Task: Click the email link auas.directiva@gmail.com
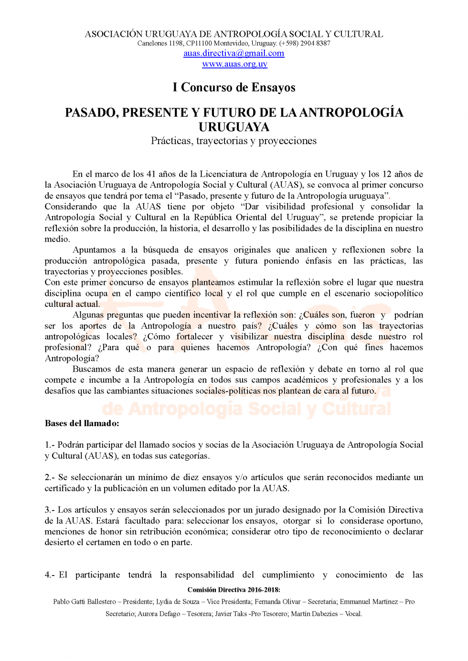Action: coord(234,53)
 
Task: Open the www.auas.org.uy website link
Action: coord(234,64)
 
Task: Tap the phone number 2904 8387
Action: coord(315,43)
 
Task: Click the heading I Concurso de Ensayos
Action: coord(234,87)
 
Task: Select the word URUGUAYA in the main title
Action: coord(234,127)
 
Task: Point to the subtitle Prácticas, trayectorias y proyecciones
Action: coord(234,141)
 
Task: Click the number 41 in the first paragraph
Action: coord(151,174)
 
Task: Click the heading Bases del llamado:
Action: coord(82,423)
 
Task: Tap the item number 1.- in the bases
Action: coord(50,445)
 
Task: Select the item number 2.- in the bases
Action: coord(50,477)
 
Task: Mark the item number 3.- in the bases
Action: coord(50,510)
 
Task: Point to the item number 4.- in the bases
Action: coord(50,575)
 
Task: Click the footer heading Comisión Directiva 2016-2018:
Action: coord(234,590)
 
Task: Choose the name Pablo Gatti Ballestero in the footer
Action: coord(85,602)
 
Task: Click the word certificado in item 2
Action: coord(64,488)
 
